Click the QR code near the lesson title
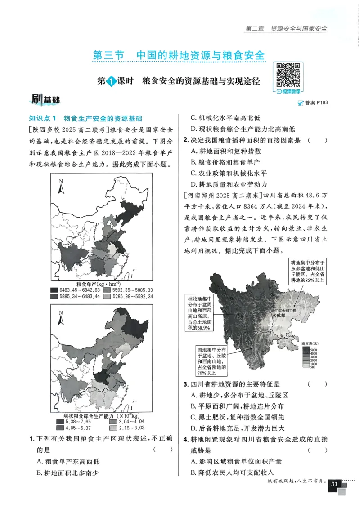[x=288, y=75]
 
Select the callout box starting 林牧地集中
[x=199, y=314]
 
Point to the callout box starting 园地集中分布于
[x=211, y=361]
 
